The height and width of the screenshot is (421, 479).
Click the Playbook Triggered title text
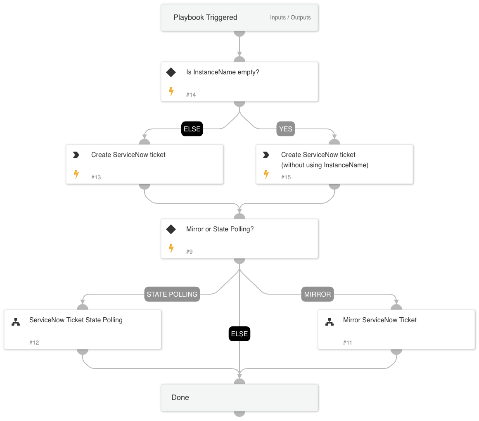tap(205, 17)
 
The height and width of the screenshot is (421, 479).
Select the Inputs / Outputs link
tap(290, 18)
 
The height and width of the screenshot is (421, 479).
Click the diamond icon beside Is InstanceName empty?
tap(171, 72)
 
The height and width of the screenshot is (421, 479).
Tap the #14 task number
tap(191, 95)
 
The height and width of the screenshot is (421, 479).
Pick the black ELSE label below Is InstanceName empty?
tap(192, 129)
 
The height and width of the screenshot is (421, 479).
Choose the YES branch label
tap(285, 129)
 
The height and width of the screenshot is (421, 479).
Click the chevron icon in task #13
tap(76, 155)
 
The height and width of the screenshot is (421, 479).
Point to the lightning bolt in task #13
tap(76, 174)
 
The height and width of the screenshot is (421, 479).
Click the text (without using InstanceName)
tap(325, 165)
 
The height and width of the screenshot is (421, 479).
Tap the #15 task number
tap(286, 177)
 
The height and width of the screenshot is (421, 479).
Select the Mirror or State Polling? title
tap(220, 229)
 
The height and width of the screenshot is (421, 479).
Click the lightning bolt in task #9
tap(171, 249)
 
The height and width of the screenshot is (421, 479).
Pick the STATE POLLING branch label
tap(172, 294)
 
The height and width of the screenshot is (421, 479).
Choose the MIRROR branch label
tap(317, 294)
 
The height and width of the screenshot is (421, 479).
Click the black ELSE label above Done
tap(239, 334)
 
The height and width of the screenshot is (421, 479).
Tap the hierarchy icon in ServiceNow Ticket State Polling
tap(16, 322)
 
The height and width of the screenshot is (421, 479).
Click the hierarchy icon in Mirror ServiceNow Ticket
tap(330, 322)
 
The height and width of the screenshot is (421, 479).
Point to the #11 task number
tap(347, 343)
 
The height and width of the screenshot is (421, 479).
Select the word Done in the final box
tap(180, 397)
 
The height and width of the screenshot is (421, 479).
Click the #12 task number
tap(34, 343)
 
